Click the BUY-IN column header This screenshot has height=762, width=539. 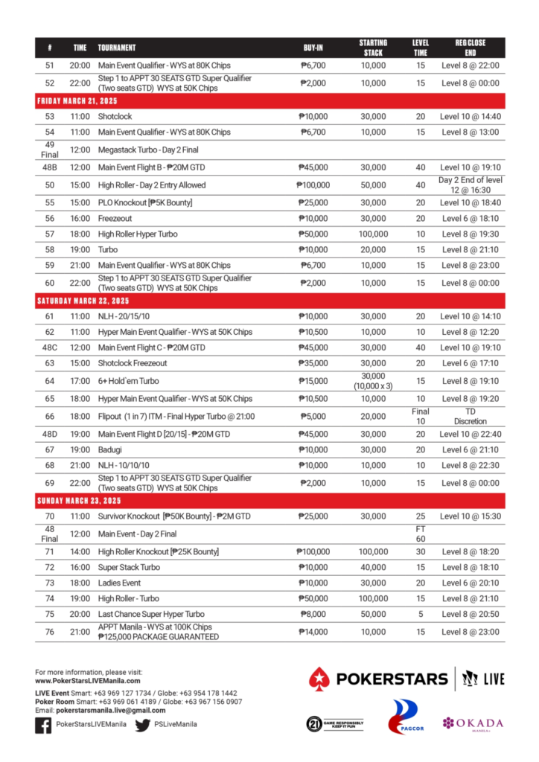pyautogui.click(x=313, y=48)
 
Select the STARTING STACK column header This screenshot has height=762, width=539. pyautogui.click(x=372, y=48)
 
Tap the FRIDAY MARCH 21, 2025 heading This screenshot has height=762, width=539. pyautogui.click(x=77, y=100)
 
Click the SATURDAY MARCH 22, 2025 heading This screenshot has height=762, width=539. pyautogui.click(x=83, y=301)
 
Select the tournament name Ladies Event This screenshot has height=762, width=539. pyautogui.click(x=119, y=583)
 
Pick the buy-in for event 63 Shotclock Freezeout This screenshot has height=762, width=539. pyautogui.click(x=313, y=363)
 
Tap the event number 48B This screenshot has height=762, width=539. pyautogui.click(x=50, y=167)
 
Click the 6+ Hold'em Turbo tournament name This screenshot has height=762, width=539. pyautogui.click(x=128, y=381)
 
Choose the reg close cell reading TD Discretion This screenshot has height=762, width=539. pyautogui.click(x=470, y=416)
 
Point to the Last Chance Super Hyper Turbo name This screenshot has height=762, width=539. pyautogui.click(x=151, y=615)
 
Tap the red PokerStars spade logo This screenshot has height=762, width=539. pyautogui.click(x=320, y=679)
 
